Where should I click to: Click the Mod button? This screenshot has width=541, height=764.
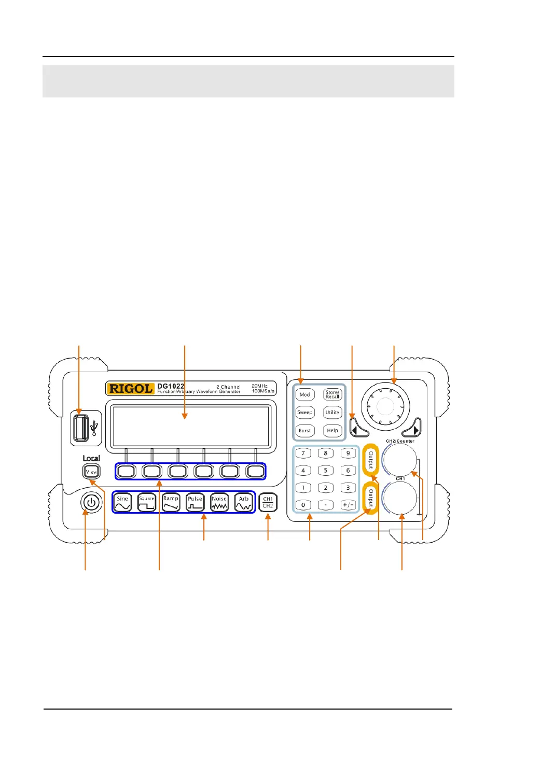(305, 394)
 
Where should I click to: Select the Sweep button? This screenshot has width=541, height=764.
(305, 413)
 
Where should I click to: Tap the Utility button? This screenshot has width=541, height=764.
(332, 413)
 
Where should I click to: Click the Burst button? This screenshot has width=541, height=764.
(305, 431)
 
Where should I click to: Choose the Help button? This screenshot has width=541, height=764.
(332, 431)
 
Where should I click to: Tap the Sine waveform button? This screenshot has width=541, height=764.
(122, 503)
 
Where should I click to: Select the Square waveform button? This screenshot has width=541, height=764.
(147, 503)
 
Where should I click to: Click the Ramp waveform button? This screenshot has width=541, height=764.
(171, 503)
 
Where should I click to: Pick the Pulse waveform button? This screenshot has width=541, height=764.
(195, 503)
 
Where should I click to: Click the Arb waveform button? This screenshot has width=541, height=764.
(244, 503)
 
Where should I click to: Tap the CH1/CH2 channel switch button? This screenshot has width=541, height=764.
(268, 503)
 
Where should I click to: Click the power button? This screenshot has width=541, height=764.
(91, 503)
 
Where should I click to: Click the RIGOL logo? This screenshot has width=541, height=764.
(130, 389)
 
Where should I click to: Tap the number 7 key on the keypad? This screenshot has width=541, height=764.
(303, 453)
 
